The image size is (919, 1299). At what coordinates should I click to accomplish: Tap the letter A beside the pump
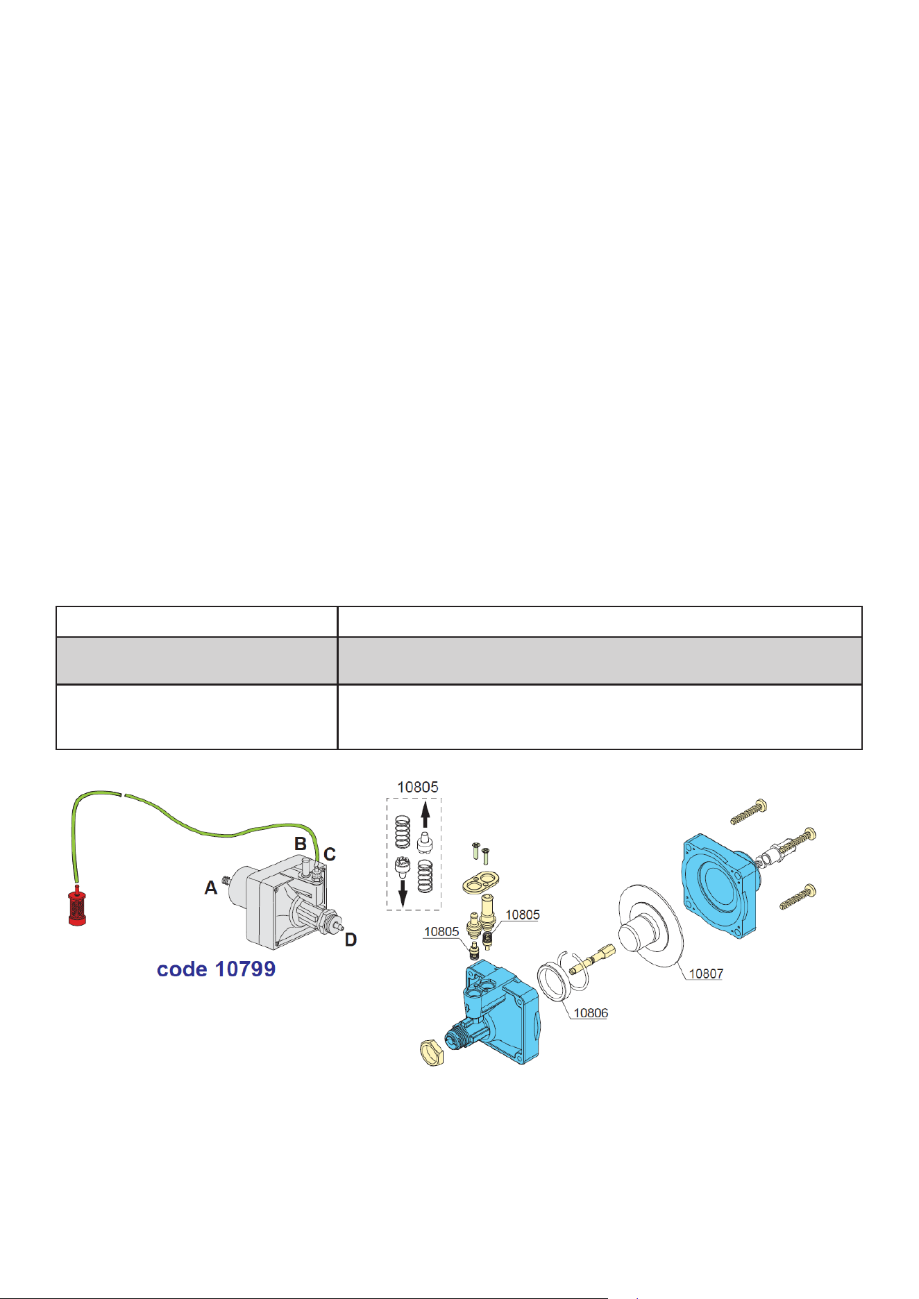coord(211,888)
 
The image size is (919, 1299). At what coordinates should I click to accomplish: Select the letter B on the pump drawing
coord(301,844)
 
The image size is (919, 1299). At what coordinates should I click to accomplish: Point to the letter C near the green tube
coord(330,854)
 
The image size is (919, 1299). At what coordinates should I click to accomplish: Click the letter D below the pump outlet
coord(351,940)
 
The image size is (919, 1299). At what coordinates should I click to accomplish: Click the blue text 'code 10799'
coord(216,969)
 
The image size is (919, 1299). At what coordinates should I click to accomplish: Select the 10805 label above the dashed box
coord(418,787)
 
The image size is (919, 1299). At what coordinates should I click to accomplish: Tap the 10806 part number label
coord(591,1013)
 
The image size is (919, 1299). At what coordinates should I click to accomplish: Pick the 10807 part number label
coord(706,974)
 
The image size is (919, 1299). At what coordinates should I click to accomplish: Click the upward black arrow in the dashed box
coord(425,815)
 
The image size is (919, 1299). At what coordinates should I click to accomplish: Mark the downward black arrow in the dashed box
coord(403,894)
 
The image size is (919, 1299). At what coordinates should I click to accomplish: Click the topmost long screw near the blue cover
coord(748,811)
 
